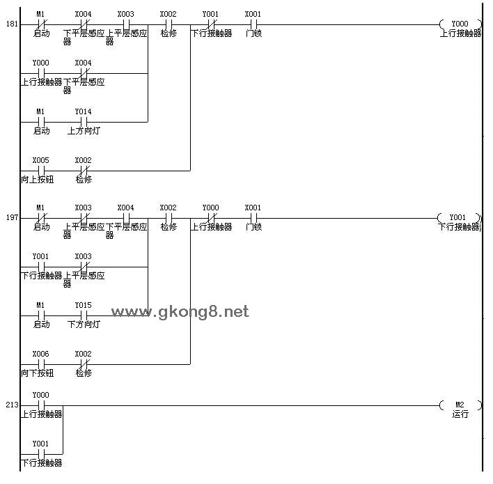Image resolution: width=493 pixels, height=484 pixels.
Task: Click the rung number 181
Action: coord(12,24)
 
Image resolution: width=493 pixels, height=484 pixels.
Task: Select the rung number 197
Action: coord(12,217)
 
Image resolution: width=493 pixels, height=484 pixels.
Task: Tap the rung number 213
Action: coord(12,405)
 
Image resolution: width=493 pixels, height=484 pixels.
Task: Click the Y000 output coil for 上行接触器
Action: coord(460,24)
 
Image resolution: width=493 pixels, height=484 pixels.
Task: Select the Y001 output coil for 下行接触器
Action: coord(459,218)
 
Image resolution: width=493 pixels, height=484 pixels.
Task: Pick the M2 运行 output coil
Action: coord(460,405)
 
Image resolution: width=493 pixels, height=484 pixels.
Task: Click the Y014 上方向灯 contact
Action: coord(84,122)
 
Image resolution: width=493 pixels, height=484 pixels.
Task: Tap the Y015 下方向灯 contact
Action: coord(84,315)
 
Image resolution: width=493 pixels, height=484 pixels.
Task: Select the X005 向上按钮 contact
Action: coord(41,171)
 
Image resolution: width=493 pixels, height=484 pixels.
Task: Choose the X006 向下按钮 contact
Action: coord(41,364)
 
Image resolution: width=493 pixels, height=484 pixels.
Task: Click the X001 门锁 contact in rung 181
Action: coord(253,24)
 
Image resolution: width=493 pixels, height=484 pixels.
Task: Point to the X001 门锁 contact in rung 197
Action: coord(253,218)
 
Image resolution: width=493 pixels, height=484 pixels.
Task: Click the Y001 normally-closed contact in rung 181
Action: coord(211,24)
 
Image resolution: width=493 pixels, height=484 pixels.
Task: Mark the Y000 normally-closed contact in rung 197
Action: coord(211,218)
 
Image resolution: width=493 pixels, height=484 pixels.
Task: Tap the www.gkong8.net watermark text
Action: coord(180,312)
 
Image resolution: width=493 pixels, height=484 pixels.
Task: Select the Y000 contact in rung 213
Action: coord(41,405)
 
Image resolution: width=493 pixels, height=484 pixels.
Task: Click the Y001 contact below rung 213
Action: coord(41,454)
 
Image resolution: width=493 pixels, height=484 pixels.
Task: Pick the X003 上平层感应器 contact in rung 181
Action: coord(126,24)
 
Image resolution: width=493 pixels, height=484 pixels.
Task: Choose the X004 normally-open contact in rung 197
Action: coord(126,218)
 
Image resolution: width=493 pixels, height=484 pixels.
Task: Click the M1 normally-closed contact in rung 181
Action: coord(41,24)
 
